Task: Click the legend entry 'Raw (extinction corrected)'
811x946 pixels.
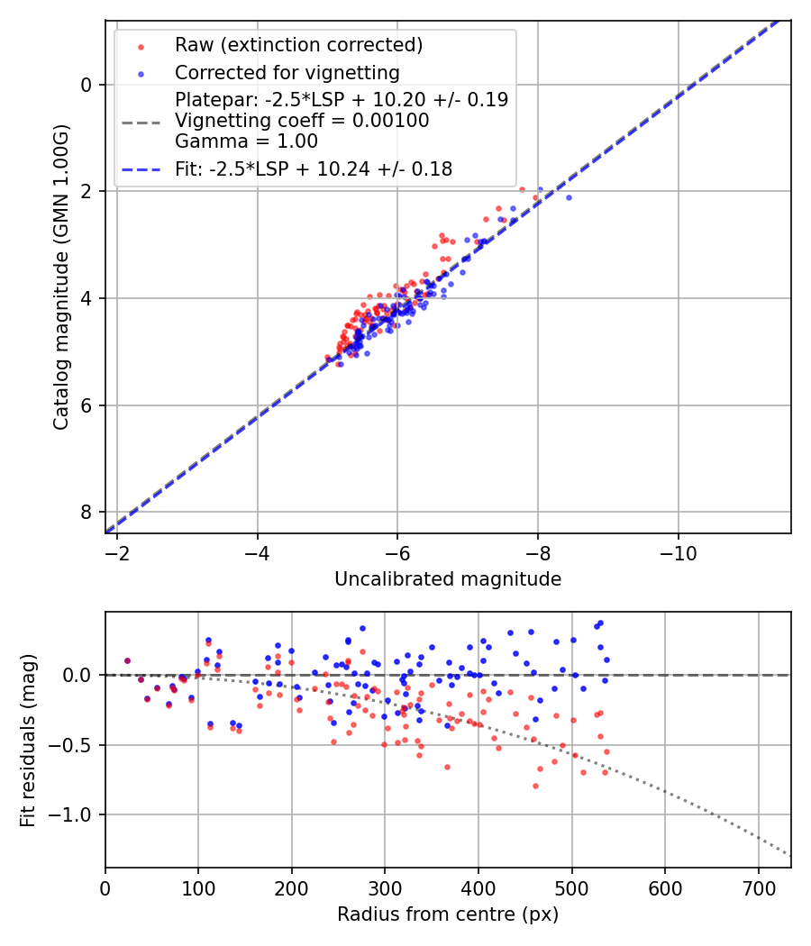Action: coord(298,45)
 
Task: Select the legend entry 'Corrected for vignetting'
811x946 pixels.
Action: coord(287,72)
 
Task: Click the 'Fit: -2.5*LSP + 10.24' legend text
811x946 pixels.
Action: coord(314,168)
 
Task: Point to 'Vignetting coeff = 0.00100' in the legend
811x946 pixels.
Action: coord(302,120)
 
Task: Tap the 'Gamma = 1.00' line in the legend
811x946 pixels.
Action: coord(246,141)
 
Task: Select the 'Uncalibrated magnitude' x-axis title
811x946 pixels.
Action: coord(448,578)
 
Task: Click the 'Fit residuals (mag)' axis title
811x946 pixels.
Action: coord(28,740)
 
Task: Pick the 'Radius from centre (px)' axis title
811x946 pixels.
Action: coord(448,914)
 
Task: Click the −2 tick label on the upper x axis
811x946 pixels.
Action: coord(117,552)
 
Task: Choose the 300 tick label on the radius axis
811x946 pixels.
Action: coord(385,887)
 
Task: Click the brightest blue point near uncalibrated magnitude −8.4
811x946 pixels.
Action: coord(569,197)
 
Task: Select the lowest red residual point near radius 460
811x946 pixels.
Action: coord(535,786)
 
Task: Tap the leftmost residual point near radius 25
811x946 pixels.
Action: coord(127,660)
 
